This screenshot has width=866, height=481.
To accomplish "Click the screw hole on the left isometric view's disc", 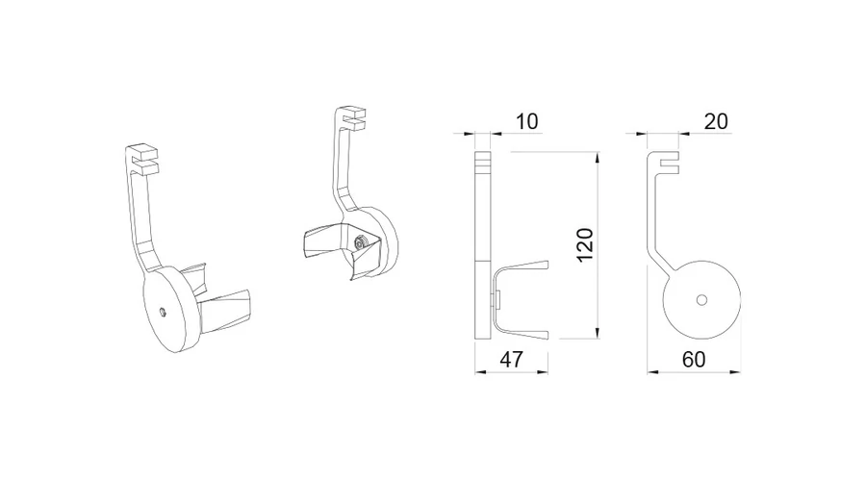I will [164, 311].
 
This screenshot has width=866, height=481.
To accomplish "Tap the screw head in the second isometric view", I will [360, 243].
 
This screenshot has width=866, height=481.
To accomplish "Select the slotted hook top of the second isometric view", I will [354, 117].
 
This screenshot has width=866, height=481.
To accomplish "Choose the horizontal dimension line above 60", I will [694, 370].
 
